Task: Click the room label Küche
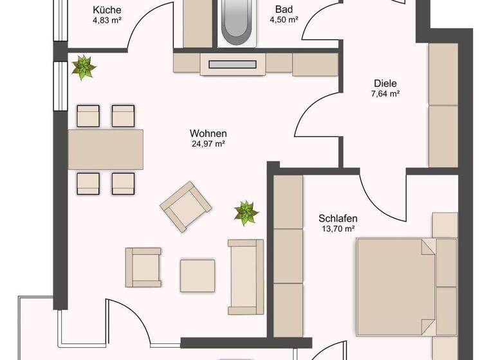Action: (x=107, y=10)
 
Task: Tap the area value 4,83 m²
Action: (x=107, y=20)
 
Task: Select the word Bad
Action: (x=284, y=10)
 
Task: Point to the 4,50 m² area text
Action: (x=284, y=20)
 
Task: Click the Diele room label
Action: (x=385, y=83)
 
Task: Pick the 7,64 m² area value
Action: (x=385, y=94)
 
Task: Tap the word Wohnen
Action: (x=208, y=134)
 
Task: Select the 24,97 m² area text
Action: (x=208, y=144)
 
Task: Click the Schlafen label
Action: (x=339, y=218)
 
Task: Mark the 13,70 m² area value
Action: (x=339, y=228)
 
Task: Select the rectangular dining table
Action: (x=106, y=148)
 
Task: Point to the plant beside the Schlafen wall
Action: (x=246, y=213)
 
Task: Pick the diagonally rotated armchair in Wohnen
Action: (x=186, y=206)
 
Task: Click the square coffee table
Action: (x=197, y=276)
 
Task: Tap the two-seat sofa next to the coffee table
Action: (x=246, y=277)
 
